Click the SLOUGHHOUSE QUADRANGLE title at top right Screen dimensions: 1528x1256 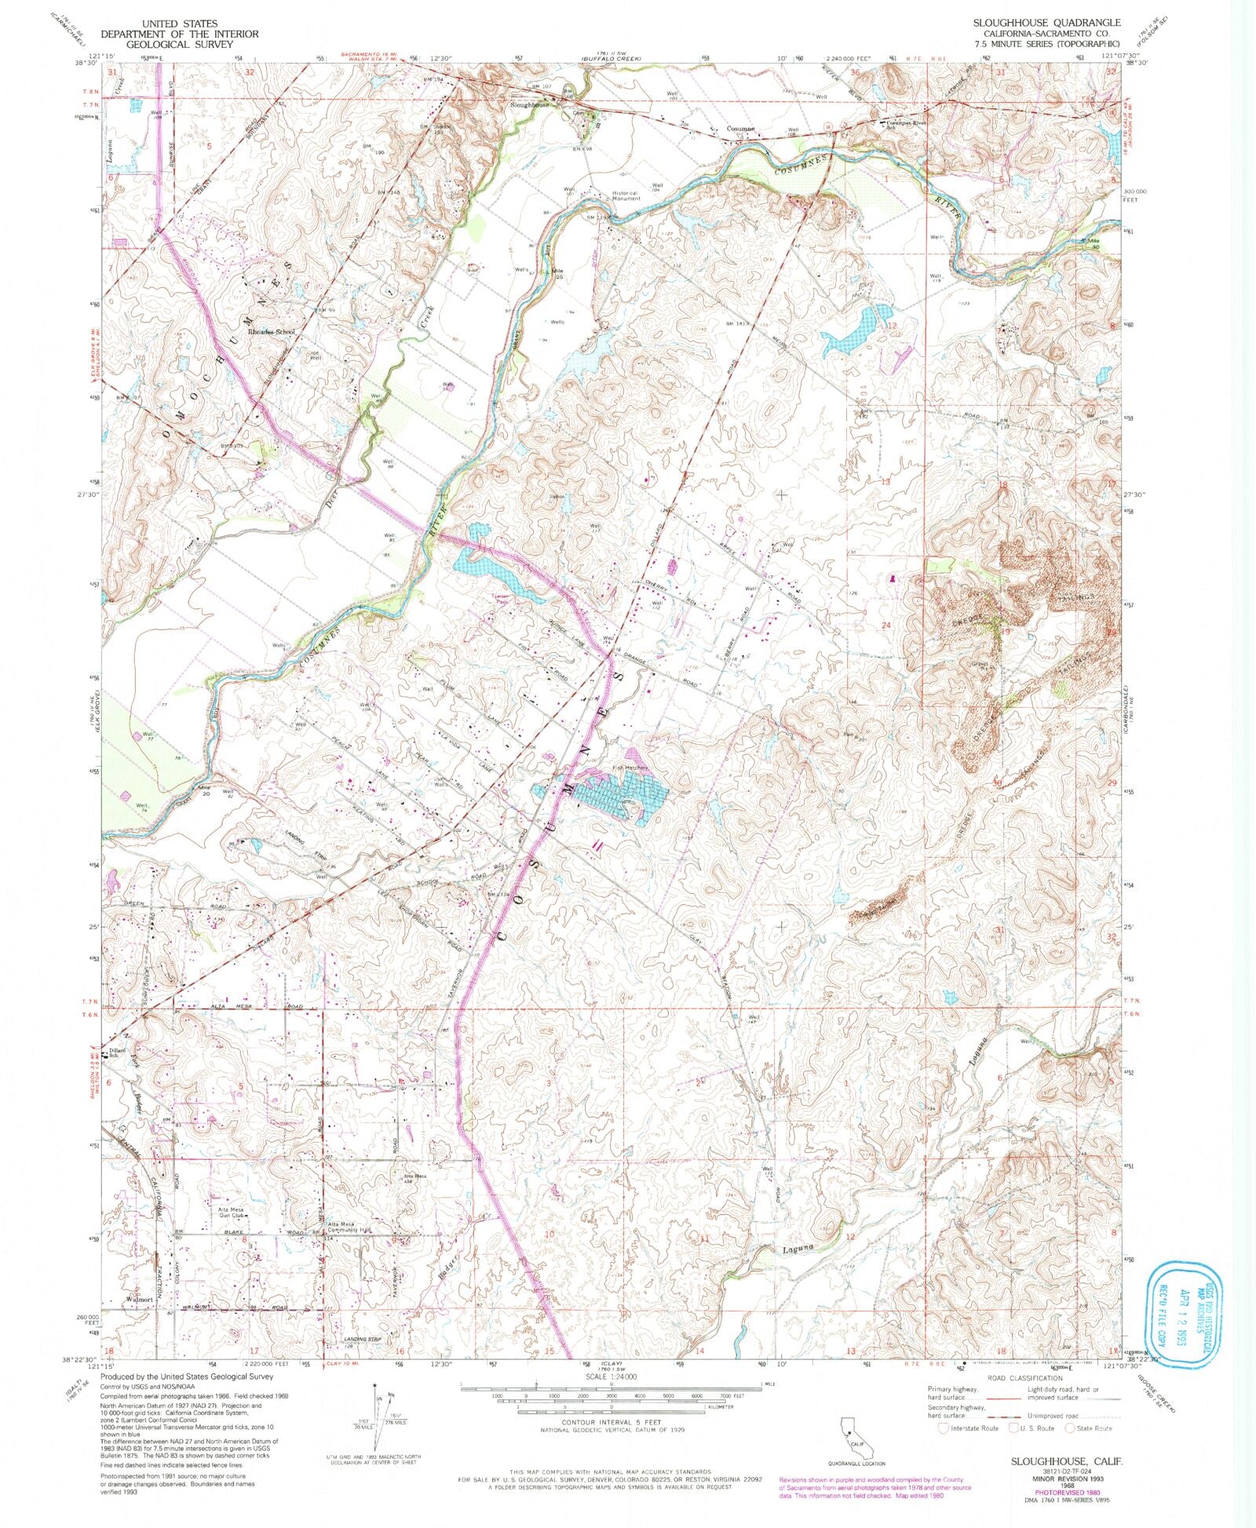click(1046, 24)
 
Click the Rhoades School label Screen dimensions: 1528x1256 click(271, 332)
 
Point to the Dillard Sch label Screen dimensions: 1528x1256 click(118, 1052)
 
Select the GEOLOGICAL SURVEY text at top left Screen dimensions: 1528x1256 click(167, 45)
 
